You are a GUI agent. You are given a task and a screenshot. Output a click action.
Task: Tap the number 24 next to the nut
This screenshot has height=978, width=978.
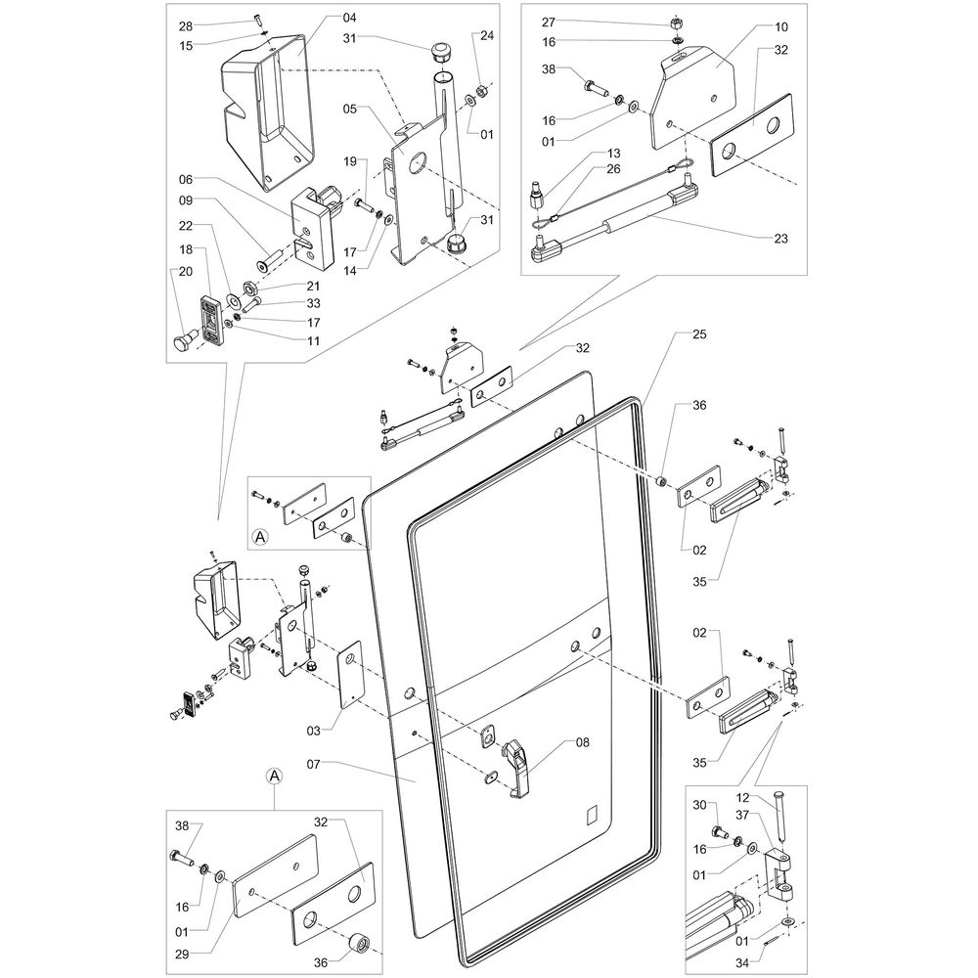point(487,35)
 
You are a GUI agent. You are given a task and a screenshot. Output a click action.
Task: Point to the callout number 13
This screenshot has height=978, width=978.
point(613,154)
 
